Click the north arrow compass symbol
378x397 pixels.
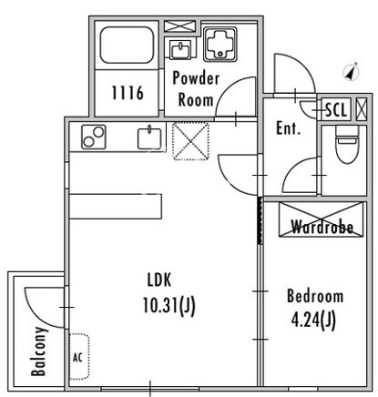(352, 72)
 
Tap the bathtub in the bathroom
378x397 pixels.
(127, 46)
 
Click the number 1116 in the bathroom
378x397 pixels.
(128, 93)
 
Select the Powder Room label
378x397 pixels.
(196, 89)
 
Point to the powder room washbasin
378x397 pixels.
(180, 49)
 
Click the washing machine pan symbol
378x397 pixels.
(220, 44)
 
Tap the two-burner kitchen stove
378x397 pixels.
(94, 137)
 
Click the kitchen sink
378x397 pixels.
(149, 138)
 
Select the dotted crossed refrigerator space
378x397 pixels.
(190, 141)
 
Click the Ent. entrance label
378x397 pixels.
(288, 128)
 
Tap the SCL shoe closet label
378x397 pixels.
(336, 109)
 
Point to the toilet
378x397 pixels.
(347, 144)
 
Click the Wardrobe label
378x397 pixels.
(322, 227)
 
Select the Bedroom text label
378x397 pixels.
(315, 296)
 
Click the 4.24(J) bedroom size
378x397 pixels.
(313, 320)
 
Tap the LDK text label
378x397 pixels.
(159, 280)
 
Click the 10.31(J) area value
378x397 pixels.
(169, 305)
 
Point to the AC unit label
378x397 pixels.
(77, 358)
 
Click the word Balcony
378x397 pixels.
(39, 351)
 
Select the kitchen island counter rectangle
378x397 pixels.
(116, 207)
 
